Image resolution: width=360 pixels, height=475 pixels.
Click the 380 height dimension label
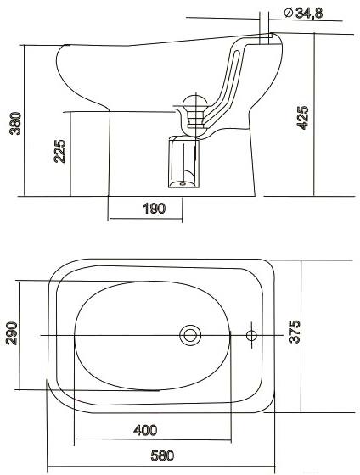15,123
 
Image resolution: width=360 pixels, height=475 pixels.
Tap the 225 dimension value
59,151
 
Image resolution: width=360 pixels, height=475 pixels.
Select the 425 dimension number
302,118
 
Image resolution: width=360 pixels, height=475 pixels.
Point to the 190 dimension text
155,209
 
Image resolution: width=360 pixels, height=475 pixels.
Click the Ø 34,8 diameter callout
304,13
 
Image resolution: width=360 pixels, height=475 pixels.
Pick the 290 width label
12,333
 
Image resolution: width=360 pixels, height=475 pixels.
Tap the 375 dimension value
295,332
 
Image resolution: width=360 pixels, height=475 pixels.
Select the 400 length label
145,430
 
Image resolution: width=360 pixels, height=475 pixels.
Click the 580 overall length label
162,455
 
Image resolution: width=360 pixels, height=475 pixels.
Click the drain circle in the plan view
190,335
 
